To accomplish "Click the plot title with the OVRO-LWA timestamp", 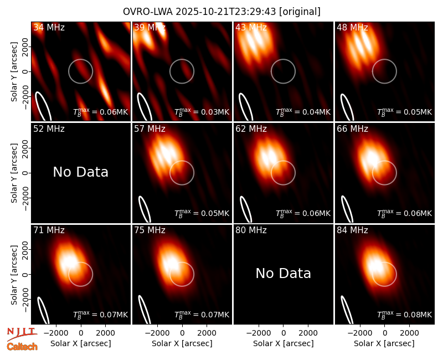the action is tap(221, 12).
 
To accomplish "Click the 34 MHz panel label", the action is tap(49, 27).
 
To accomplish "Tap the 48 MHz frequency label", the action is tap(352, 27).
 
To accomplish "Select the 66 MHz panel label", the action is tap(352, 129).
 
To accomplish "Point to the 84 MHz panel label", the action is tap(352, 230).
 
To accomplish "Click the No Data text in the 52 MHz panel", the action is tap(81, 172).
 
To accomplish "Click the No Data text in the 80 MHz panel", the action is tap(284, 274).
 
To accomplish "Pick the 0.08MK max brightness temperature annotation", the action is tap(405, 315).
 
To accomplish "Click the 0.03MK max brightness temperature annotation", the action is tap(202, 112).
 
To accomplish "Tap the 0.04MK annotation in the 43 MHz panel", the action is tap(303, 112).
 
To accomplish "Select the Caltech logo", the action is tap(22, 347).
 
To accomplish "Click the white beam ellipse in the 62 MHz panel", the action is tap(246, 209).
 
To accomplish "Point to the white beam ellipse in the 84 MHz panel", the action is tap(347, 310).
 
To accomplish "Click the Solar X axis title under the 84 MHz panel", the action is tap(384, 343).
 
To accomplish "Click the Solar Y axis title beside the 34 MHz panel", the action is tap(14, 72).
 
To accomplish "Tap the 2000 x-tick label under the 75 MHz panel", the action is tap(207, 333).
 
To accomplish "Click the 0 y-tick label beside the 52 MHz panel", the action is tap(25, 173).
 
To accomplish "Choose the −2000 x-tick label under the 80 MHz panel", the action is tap(259, 333).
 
